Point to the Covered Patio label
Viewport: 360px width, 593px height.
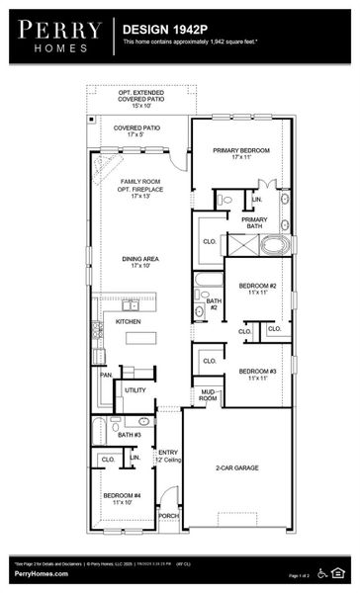[136, 131]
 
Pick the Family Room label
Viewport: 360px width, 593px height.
[139, 189]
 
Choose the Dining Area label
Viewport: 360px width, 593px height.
[139, 262]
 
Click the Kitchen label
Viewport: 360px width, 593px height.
[129, 322]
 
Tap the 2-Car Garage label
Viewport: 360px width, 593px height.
[236, 467]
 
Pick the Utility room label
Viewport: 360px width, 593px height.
[135, 390]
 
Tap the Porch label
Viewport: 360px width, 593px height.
[168, 515]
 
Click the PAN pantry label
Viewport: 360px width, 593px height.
[105, 375]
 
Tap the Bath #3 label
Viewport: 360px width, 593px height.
[130, 434]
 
